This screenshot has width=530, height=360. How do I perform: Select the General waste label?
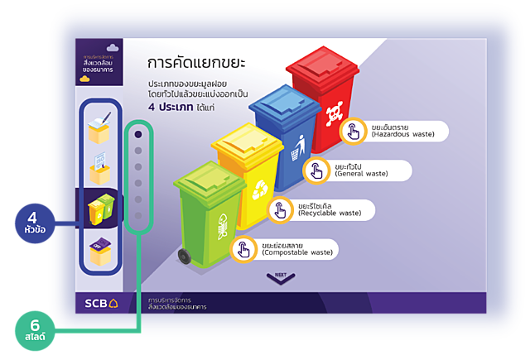(369, 170)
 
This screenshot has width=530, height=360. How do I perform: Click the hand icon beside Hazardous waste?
(354, 130)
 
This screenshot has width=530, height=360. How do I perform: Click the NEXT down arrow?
(281, 278)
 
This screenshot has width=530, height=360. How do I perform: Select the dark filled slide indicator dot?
(138, 133)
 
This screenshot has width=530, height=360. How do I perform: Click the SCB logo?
(100, 303)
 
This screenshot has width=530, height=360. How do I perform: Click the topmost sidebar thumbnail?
(100, 126)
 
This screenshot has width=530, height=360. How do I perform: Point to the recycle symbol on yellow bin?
(258, 188)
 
